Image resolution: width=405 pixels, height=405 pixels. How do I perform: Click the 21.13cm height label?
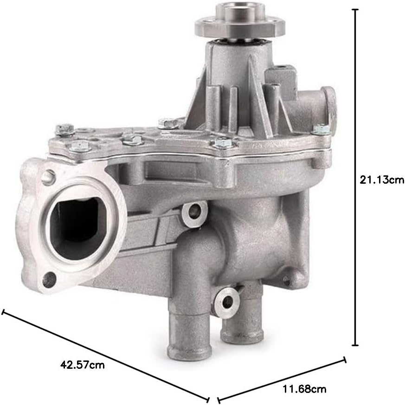(382, 180)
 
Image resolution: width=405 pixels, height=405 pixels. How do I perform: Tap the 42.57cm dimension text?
(83, 365)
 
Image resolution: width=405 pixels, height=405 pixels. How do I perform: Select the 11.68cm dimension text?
(304, 389)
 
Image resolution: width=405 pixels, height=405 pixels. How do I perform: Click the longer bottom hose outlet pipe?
(190, 331)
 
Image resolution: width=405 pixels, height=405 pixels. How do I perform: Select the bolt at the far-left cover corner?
(64, 129)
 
